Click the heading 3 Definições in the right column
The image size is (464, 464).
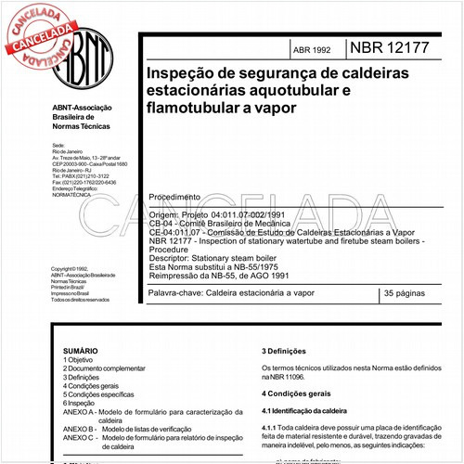coord(293,351)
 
